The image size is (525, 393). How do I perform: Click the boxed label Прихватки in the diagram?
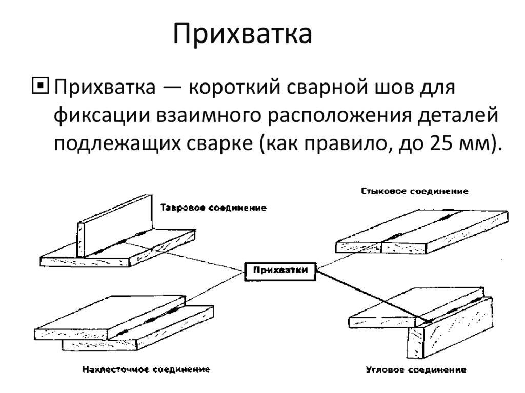coord(280,271)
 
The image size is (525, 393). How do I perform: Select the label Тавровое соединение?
coord(213,208)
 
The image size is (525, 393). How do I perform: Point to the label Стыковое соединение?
coord(414,191)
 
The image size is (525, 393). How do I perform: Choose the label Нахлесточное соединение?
coord(146,369)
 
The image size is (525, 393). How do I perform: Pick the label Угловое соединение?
coord(416,370)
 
